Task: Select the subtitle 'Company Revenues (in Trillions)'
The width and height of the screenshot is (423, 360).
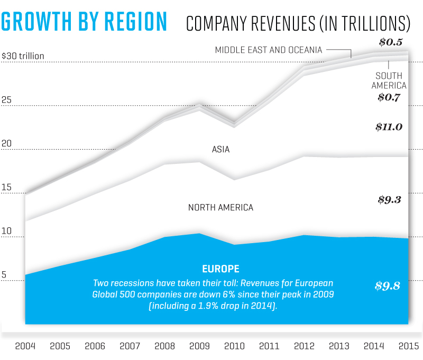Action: click(298, 23)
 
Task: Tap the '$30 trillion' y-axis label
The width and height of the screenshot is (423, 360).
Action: click(23, 56)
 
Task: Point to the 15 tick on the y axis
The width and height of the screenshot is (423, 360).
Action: click(6, 188)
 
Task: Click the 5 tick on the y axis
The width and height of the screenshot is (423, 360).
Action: click(5, 275)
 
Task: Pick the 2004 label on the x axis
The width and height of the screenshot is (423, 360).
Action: click(26, 346)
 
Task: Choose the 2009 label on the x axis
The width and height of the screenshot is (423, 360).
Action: click(200, 346)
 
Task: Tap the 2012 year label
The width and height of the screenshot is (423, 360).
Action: click(304, 346)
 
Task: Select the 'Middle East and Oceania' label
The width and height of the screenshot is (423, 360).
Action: click(269, 50)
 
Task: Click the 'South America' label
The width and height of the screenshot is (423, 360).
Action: click(389, 80)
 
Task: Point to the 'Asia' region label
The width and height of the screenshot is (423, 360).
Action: click(220, 150)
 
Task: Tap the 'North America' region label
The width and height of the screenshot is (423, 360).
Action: click(220, 208)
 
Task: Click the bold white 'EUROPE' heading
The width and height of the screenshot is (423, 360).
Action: click(220, 269)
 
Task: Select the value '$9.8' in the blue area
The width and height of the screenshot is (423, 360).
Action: click(388, 286)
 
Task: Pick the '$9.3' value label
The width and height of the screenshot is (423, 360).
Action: click(390, 200)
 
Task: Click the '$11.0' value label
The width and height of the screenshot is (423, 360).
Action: click(389, 127)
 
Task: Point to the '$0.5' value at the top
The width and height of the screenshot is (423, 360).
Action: click(391, 42)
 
